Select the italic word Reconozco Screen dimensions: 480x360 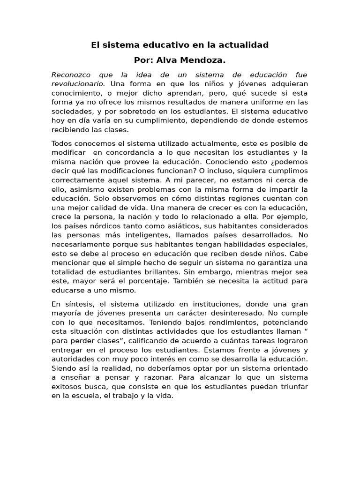pos(70,75)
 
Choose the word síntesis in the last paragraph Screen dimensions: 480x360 pos(77,304)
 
